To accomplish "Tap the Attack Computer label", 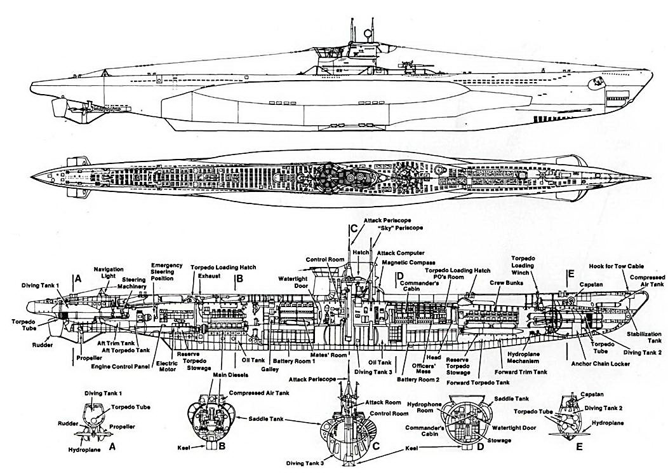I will click(x=401, y=253).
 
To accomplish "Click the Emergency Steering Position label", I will click(x=166, y=271).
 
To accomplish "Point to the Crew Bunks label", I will click(x=505, y=282).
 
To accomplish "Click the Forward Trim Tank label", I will click(x=523, y=372).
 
